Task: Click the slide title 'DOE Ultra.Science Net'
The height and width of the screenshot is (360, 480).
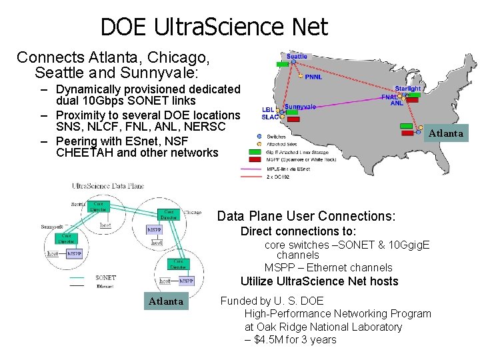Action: pyautogui.click(x=214, y=27)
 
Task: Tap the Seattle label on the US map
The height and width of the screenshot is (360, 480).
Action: pyautogui.click(x=297, y=57)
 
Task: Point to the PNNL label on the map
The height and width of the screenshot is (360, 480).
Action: pyautogui.click(x=313, y=77)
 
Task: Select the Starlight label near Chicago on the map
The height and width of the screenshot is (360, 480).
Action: pyautogui.click(x=407, y=89)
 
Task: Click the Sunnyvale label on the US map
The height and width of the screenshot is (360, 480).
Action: pyautogui.click(x=300, y=107)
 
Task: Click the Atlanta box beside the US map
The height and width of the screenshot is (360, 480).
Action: pyautogui.click(x=445, y=133)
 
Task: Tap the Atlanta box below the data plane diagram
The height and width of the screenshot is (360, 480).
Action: pyautogui.click(x=165, y=301)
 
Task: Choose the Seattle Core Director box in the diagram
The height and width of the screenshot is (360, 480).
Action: pyautogui.click(x=98, y=207)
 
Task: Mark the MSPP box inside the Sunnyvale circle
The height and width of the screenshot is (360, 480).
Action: pyautogui.click(x=75, y=254)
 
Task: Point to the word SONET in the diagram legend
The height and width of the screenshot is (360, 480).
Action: pyautogui.click(x=105, y=277)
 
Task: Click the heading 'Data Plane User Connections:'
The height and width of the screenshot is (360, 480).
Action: pyautogui.click(x=306, y=216)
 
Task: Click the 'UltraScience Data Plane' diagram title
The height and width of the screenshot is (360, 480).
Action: pyautogui.click(x=107, y=185)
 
